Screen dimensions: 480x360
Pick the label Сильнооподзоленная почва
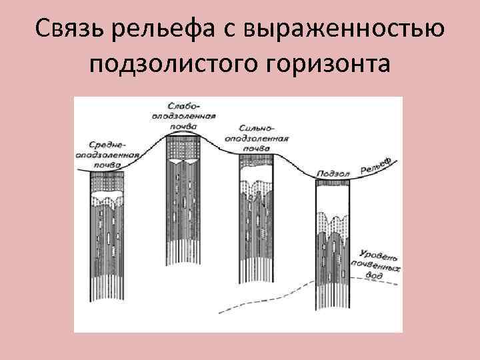tap(262, 137)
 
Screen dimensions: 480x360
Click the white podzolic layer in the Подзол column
tap(333, 197)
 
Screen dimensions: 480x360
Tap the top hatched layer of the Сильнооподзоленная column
tap(257, 160)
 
